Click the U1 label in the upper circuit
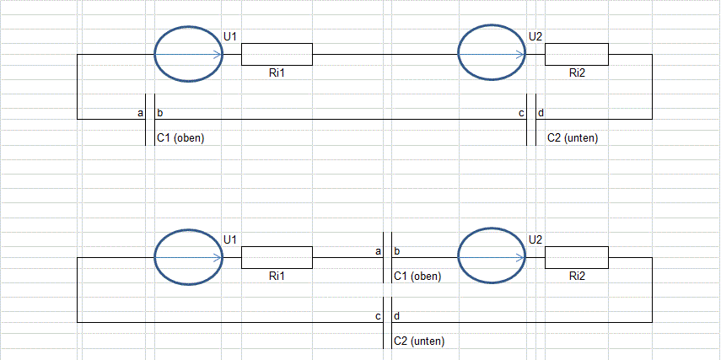coord(230,36)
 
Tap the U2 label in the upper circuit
coord(535,36)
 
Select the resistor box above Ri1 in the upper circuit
coord(277,54)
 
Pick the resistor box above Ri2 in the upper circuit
coord(577,54)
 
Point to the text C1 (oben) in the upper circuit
coord(180,138)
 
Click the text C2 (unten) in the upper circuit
coord(573,138)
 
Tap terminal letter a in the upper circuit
coord(141,113)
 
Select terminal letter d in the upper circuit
coord(541,113)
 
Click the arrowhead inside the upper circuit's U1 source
coord(218,54)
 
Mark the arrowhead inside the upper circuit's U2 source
coord(520,54)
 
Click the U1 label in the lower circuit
coord(230,239)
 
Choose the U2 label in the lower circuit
coord(535,239)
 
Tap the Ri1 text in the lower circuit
coord(277,277)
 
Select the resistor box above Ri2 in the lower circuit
coord(577,257)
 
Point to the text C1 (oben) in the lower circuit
coord(417,277)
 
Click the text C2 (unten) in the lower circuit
coord(419,341)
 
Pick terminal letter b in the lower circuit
coord(397,251)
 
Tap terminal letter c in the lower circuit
coord(378,316)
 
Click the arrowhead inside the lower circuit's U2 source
coord(520,257)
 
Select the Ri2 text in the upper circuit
coord(577,73)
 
